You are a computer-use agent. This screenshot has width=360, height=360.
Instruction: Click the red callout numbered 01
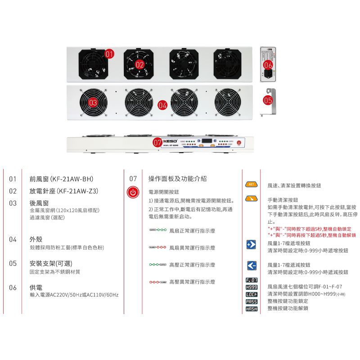coord(109,54)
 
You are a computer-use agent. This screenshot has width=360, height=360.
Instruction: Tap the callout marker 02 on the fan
coord(139,64)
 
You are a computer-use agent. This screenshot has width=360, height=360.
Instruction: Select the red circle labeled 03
coord(93,103)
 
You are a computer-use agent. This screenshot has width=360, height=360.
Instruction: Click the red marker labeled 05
coord(267,100)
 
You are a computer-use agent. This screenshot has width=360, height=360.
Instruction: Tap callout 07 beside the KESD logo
coord(157,142)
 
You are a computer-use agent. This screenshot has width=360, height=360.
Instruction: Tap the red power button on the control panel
coord(239,143)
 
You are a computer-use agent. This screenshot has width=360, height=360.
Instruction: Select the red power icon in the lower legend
coord(132,193)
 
